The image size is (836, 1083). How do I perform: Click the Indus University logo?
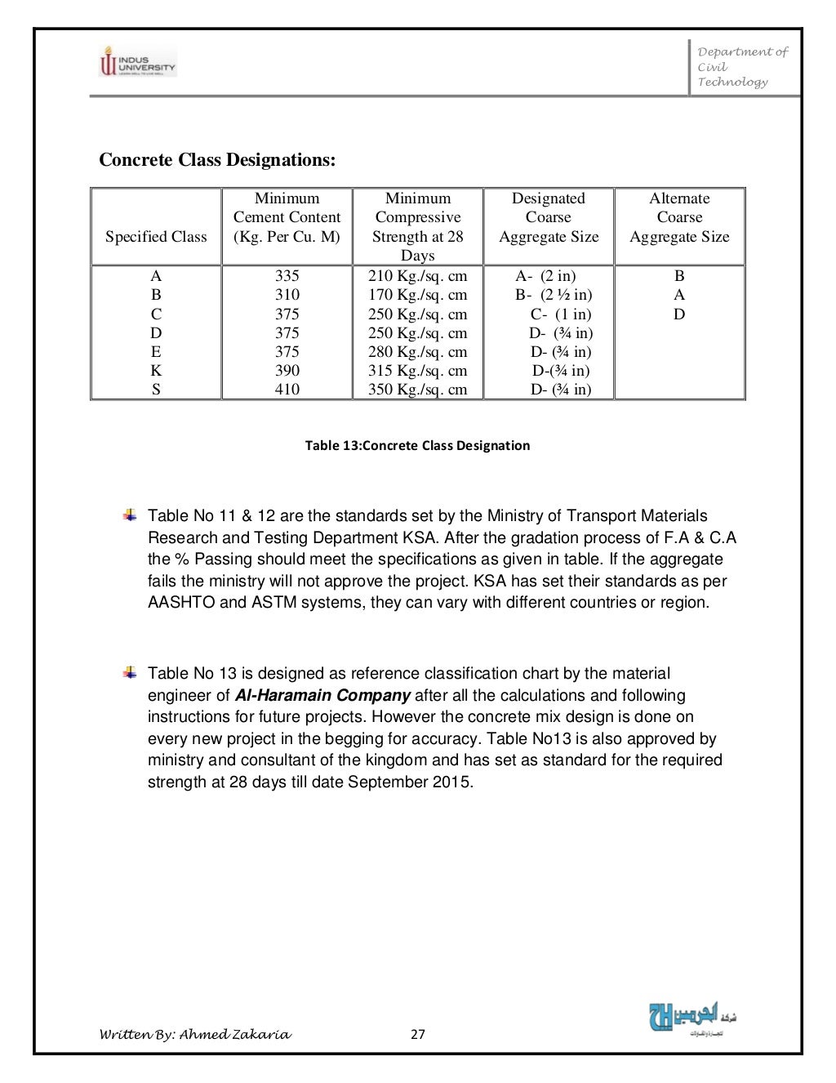point(137,61)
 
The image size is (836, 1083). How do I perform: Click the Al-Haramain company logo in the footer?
point(692,1017)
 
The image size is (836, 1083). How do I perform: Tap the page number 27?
point(417,1035)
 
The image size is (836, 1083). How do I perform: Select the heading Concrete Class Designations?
point(217,159)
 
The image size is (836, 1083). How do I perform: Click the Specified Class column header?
point(156,237)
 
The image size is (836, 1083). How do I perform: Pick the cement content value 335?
point(287,276)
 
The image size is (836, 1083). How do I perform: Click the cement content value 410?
point(287,390)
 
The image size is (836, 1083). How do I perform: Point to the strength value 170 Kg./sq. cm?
point(417,295)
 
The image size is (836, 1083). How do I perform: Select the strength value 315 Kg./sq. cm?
point(417,371)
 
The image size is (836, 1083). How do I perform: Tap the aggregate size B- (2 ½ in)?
point(554,295)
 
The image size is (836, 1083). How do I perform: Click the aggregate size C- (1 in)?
point(561,314)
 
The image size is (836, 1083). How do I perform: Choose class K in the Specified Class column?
point(156,371)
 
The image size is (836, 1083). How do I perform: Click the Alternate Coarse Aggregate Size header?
point(679,217)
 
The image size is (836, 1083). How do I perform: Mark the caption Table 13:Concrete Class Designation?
point(417,445)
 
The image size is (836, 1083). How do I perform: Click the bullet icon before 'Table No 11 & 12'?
point(130,515)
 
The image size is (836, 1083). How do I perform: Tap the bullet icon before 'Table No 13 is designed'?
point(130,673)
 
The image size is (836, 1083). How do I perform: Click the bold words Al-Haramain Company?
point(322,696)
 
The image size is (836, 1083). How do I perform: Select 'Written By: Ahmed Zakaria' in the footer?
point(194,1035)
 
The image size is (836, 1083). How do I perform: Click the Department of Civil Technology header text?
point(741,66)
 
